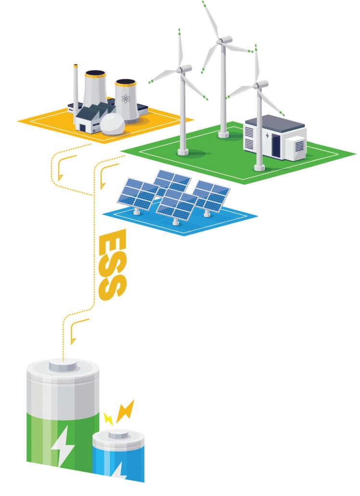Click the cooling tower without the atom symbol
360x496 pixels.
click(95, 91)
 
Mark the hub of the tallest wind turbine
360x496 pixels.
click(221, 41)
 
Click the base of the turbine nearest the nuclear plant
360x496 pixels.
click(183, 152)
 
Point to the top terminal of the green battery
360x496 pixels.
click(63, 366)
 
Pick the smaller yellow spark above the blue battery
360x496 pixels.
click(108, 418)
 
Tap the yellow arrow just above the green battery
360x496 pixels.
click(74, 332)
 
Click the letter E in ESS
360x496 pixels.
click(112, 242)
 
